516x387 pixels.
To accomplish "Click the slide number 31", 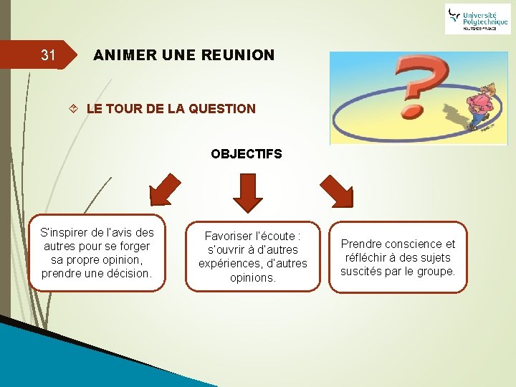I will (x=48, y=54).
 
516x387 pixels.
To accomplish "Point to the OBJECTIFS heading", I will (x=247, y=153).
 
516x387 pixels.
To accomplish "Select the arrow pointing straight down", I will (x=247, y=191).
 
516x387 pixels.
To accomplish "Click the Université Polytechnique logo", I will (x=477, y=19).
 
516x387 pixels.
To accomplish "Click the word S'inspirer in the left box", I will (x=62, y=232).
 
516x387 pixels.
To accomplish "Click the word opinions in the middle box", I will (x=253, y=277).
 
